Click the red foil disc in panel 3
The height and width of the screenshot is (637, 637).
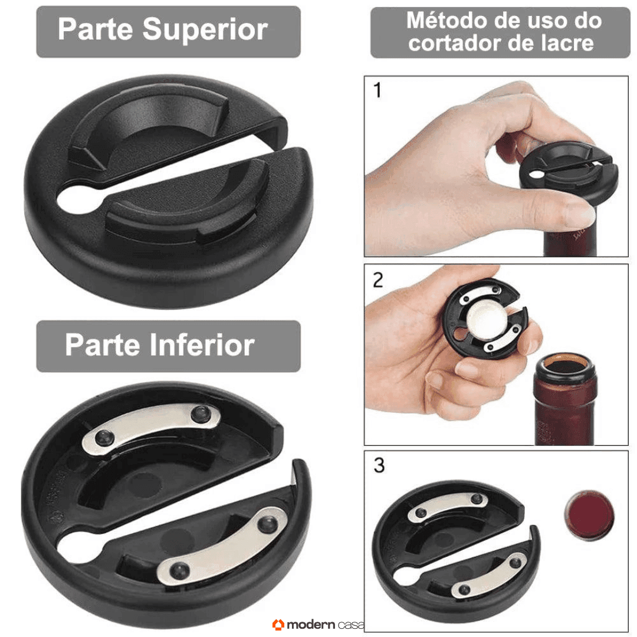pos(589,515)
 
